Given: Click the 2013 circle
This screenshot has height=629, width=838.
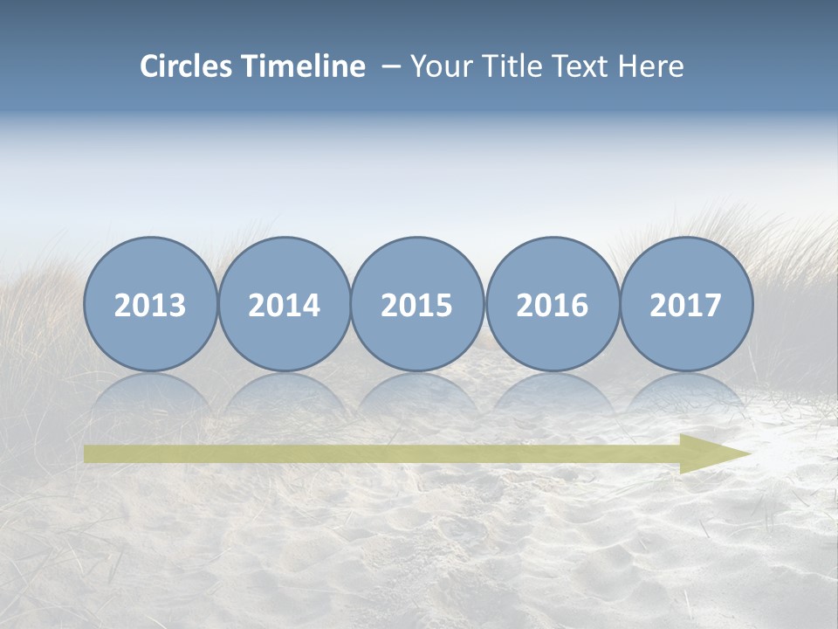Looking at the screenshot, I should [x=150, y=304].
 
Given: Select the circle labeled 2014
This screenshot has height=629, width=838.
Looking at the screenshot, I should [x=284, y=304].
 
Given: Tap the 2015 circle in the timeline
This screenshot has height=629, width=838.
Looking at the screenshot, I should [x=417, y=304].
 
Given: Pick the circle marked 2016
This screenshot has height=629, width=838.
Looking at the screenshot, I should [x=552, y=304].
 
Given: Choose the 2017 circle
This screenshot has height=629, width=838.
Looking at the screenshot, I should [x=686, y=304].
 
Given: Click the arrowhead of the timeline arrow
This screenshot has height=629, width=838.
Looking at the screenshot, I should [x=716, y=453].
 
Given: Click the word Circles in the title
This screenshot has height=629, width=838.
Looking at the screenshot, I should [x=186, y=66].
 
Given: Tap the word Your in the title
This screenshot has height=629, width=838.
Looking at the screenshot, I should [x=437, y=66].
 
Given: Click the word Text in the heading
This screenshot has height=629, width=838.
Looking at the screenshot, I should [x=579, y=66].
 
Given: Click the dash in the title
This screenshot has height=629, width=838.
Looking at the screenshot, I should [x=392, y=67].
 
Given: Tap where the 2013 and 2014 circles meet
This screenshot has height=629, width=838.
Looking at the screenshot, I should [x=217, y=304].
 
